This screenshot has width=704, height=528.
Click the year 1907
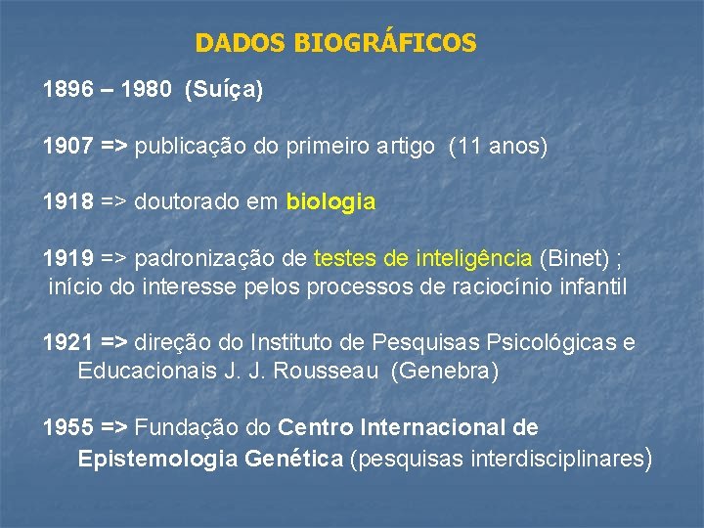point(66,147)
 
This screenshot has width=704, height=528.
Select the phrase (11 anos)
point(498,147)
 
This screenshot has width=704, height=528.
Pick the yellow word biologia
point(330,202)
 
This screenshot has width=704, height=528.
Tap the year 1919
point(66,259)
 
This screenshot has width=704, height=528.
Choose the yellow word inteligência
point(474,259)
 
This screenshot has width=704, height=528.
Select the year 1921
point(66,342)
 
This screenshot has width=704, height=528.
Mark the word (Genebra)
point(444,372)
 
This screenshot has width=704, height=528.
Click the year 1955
point(66,427)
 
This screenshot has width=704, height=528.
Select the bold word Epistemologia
point(155,457)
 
